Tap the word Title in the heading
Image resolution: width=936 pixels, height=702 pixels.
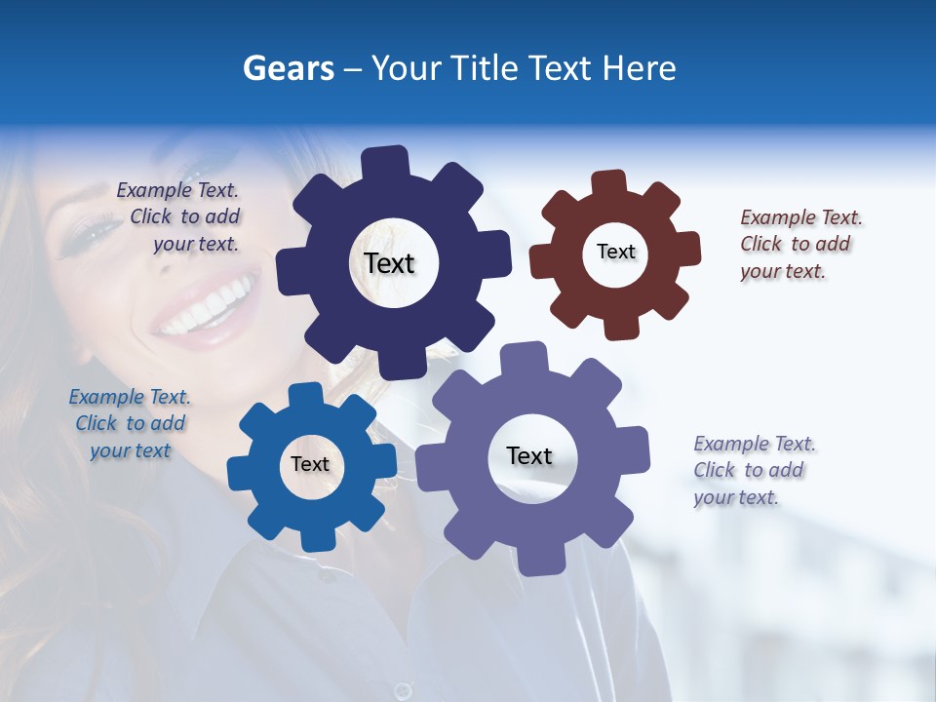click(x=485, y=68)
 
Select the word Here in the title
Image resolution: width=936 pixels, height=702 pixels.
click(x=639, y=68)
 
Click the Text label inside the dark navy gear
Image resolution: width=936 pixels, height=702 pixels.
click(x=389, y=263)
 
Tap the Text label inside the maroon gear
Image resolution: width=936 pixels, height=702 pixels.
click(x=615, y=252)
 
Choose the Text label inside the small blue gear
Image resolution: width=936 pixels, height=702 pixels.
click(x=309, y=465)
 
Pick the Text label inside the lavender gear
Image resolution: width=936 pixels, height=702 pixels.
click(x=529, y=456)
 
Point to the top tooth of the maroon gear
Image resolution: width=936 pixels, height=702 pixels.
click(x=608, y=182)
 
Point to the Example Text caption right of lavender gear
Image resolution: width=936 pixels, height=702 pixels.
click(x=754, y=470)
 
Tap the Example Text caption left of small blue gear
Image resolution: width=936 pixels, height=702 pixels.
click(x=130, y=423)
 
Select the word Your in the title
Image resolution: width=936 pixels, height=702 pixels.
click(x=404, y=68)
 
